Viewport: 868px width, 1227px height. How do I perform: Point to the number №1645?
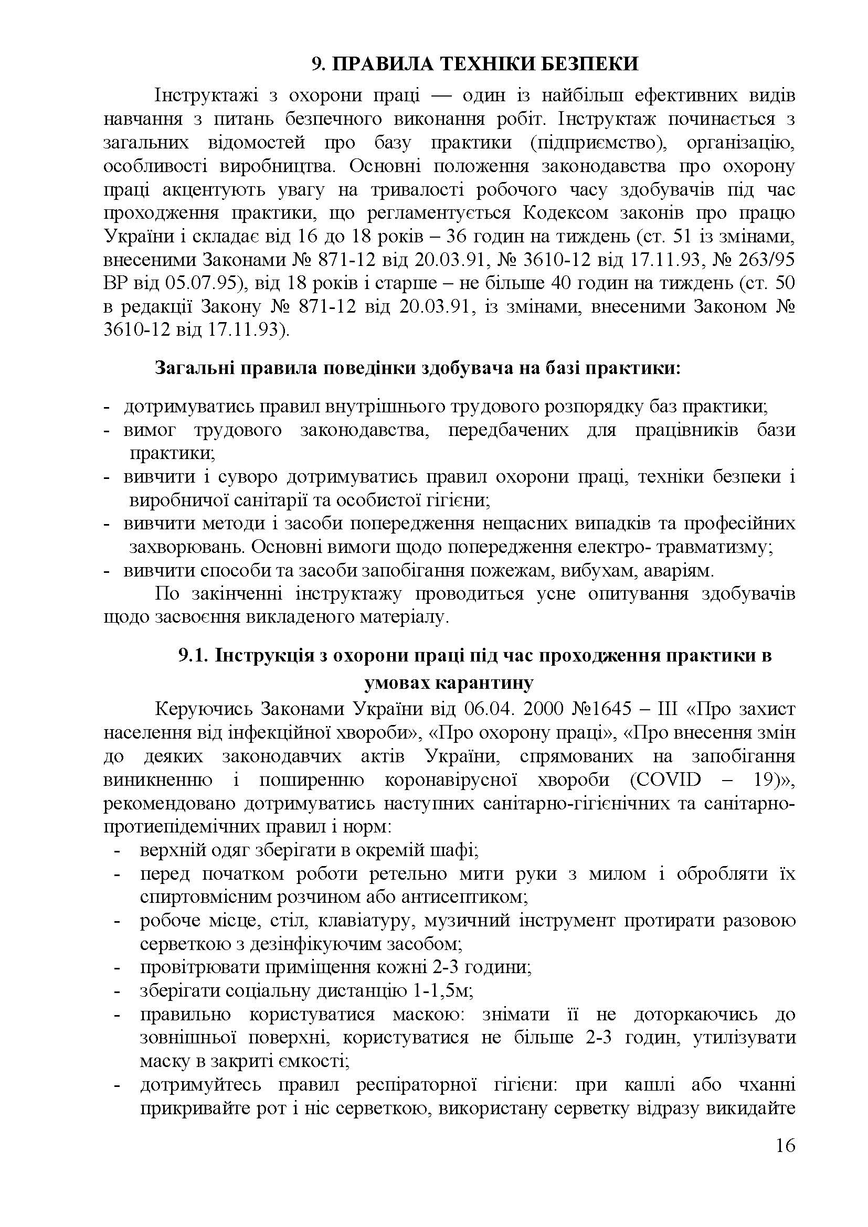pyautogui.click(x=605, y=710)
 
